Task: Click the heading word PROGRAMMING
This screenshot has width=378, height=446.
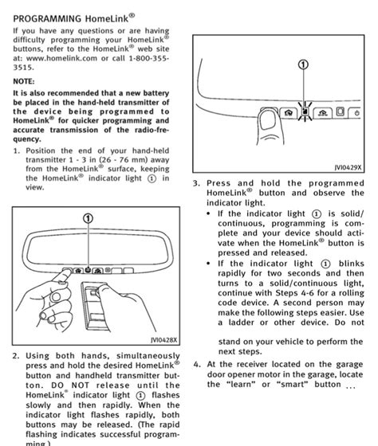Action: pyautogui.click(x=47, y=19)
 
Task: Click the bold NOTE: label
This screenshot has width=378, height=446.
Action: pyautogui.click(x=24, y=81)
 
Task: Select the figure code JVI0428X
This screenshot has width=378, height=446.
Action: pyautogui.click(x=163, y=339)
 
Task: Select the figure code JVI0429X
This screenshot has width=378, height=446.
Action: pyautogui.click(x=348, y=167)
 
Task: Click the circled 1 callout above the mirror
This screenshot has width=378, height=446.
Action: pyautogui.click(x=88, y=218)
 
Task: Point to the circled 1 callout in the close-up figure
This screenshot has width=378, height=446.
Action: pyautogui.click(x=303, y=65)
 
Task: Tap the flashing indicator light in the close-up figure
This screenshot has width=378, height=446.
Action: pyautogui.click(x=305, y=111)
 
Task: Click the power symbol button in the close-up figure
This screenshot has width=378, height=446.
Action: pyautogui.click(x=355, y=112)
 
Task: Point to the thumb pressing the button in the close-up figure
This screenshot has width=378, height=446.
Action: pyautogui.click(x=269, y=125)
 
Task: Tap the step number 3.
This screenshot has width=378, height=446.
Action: pyautogui.click(x=196, y=183)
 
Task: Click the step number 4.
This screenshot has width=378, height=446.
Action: pyautogui.click(x=197, y=365)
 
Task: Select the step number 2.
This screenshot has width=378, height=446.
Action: pyautogui.click(x=16, y=356)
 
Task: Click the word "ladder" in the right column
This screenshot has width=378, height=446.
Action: pyautogui.click(x=241, y=323)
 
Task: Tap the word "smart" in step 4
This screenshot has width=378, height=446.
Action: pyautogui.click(x=292, y=384)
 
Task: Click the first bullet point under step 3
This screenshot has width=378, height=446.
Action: pyautogui.click(x=209, y=214)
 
